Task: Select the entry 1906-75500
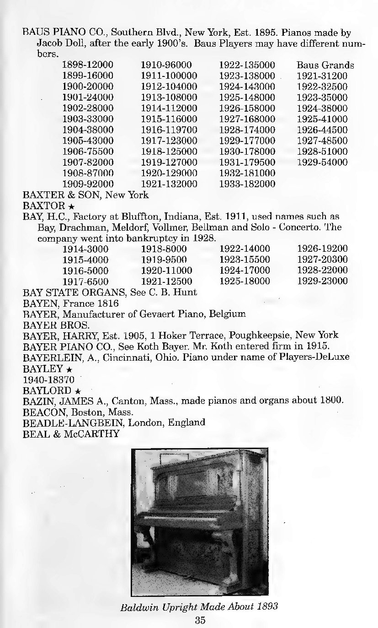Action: pos(87,152)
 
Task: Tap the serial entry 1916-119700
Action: pos(169,130)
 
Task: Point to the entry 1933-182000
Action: pos(247,184)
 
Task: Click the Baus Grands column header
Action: pos(325,65)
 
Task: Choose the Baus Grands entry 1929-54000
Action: pos(322,162)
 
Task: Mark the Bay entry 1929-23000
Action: pos(322,281)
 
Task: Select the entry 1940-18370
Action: pos(48,379)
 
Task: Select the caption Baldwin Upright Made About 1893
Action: pos(199,607)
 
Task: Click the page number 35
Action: pos(199,620)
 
